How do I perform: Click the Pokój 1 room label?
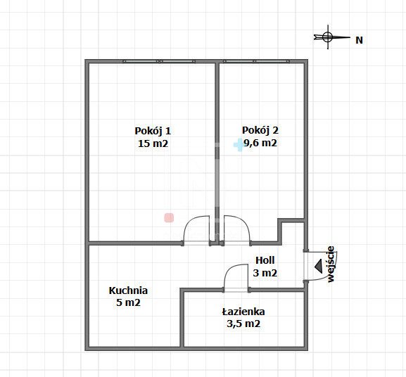click(153, 132)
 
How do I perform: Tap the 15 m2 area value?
click(153, 143)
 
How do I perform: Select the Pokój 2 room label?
click(260, 130)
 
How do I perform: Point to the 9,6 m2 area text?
click(260, 143)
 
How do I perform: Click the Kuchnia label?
click(128, 290)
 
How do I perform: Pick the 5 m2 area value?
click(128, 302)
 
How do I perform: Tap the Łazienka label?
click(243, 312)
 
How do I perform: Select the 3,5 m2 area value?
click(243, 324)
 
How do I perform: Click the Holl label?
click(265, 260)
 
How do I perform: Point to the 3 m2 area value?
click(265, 273)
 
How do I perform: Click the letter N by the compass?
click(359, 40)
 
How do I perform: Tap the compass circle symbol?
click(328, 37)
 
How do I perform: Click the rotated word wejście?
click(331, 264)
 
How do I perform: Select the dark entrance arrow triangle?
click(319, 266)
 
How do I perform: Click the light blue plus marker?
click(239, 145)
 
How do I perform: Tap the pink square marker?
click(169, 218)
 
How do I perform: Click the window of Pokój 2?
click(256, 61)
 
